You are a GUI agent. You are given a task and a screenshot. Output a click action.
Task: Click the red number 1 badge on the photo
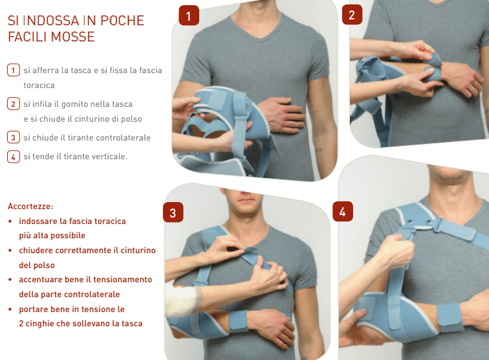click(189, 16)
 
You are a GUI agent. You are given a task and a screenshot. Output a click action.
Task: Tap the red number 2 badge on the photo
click(352, 14)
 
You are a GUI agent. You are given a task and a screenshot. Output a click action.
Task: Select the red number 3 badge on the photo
click(173, 212)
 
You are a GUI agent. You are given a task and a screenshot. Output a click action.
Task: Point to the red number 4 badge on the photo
click(343, 211)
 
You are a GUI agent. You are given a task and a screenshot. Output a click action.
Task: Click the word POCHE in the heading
click(122, 21)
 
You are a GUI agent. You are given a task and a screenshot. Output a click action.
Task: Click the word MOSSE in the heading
click(73, 37)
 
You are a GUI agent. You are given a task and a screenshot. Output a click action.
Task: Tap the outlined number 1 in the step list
click(14, 70)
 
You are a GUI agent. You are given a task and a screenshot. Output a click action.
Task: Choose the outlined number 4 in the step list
click(14, 157)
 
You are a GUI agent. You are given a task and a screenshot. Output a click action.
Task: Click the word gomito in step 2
click(72, 104)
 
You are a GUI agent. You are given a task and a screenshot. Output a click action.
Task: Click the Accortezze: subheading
click(30, 207)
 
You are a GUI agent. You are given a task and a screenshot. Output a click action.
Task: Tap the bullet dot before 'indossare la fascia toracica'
click(10, 221)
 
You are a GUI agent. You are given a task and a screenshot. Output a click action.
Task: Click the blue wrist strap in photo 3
click(239, 321)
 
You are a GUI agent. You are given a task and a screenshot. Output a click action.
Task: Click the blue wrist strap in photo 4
click(450, 318)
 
